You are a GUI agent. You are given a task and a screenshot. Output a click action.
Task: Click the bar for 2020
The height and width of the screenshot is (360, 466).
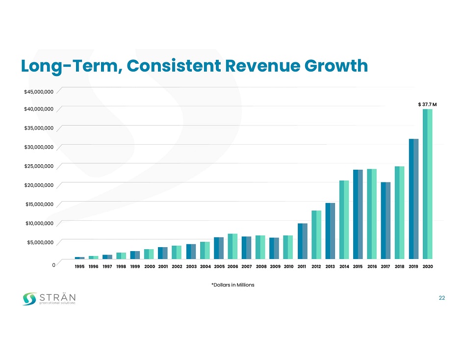coord(427,184)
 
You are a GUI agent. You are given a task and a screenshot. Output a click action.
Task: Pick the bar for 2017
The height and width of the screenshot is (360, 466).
coord(386,220)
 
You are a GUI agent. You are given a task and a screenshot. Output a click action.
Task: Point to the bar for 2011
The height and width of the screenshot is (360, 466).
coord(302,241)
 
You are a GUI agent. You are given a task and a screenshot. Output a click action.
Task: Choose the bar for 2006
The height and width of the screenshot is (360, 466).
coord(233,246)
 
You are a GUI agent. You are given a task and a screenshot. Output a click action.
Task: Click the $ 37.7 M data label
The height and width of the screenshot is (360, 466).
coord(427,104)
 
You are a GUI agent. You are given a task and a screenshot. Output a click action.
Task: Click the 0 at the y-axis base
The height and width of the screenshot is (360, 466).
coord(53,265)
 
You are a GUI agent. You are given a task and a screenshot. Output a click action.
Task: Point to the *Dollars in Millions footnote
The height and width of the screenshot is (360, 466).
coord(233,285)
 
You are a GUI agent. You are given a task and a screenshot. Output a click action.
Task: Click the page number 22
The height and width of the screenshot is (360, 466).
coord(441,298)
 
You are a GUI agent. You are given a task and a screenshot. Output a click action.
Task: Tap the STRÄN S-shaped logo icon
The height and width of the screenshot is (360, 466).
coord(30,298)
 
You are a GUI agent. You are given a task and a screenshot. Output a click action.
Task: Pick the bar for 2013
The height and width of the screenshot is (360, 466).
coord(330,231)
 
